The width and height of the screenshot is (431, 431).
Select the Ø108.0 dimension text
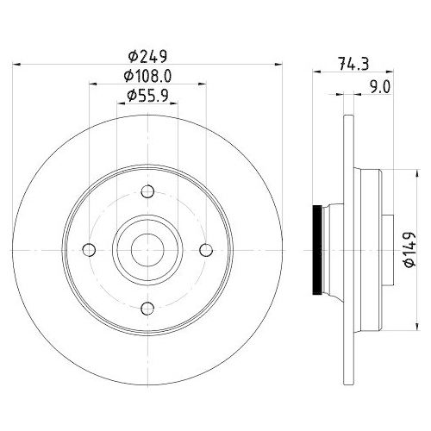148,76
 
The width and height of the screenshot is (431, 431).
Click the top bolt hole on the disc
147,191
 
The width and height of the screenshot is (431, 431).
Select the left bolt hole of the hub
88,250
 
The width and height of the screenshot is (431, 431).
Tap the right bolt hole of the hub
207,250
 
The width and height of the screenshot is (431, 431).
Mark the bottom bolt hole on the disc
147,309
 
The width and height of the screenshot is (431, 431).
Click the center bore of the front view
147,250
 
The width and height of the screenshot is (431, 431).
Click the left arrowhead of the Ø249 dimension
20,65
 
